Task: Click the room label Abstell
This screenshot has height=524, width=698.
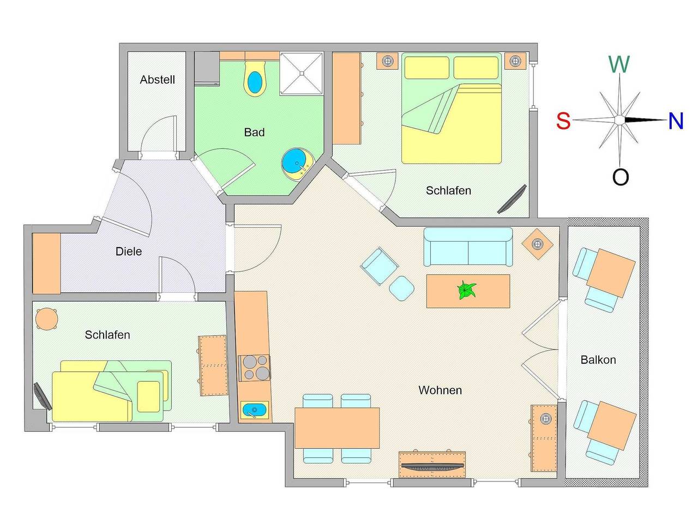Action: (x=157, y=80)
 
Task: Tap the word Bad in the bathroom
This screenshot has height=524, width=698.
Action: (x=254, y=132)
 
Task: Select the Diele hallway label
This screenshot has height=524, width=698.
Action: (x=129, y=251)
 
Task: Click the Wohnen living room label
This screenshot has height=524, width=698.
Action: (x=440, y=390)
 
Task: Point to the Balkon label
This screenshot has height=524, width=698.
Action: (x=598, y=360)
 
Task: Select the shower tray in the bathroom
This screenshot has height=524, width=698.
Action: (x=302, y=74)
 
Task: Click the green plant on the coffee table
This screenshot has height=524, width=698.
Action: (x=467, y=291)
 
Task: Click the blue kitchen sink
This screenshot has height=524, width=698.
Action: (x=254, y=410)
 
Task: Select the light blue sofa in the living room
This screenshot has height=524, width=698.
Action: (x=468, y=247)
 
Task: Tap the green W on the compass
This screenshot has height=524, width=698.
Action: (x=619, y=64)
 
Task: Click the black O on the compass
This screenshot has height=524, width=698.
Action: (x=621, y=177)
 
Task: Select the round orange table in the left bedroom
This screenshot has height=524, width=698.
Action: (x=47, y=320)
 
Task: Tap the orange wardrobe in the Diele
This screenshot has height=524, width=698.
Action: (x=46, y=263)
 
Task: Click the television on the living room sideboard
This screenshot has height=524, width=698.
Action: (x=432, y=466)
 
